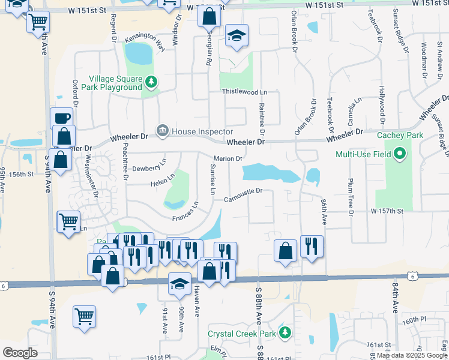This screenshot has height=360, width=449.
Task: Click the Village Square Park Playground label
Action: point(115,83)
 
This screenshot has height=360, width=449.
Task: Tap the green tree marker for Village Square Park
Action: point(152,82)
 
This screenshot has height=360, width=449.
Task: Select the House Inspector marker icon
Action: point(163,131)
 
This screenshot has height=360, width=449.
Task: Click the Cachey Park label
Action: point(400,135)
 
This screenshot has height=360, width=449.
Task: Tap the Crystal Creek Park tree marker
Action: point(287,332)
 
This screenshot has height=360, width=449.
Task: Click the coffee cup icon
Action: point(62,118)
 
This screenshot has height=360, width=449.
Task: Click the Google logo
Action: point(20,352)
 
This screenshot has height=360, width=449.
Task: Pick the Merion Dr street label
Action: point(228,158)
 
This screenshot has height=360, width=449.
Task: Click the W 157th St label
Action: point(390,211)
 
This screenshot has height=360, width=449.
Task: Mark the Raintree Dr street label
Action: point(262,116)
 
